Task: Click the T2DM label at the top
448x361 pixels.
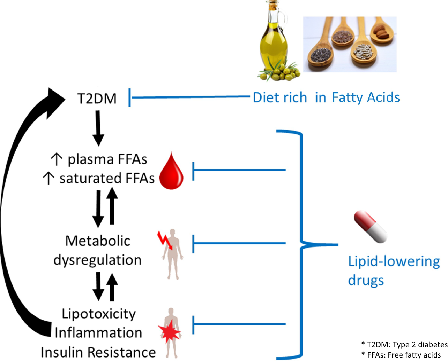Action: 97,99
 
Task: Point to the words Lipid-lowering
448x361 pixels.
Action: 394,261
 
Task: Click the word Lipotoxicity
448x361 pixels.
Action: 99,314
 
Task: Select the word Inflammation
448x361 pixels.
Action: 98,333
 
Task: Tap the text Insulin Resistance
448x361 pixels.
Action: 98,352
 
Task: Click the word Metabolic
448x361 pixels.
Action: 98,241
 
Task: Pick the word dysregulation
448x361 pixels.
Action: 97,260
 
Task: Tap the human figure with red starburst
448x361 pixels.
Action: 171,332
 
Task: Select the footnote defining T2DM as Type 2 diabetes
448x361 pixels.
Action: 404,345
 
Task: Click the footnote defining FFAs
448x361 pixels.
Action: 401,355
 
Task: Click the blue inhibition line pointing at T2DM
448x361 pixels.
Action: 188,97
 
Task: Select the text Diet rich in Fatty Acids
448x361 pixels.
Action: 326,97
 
